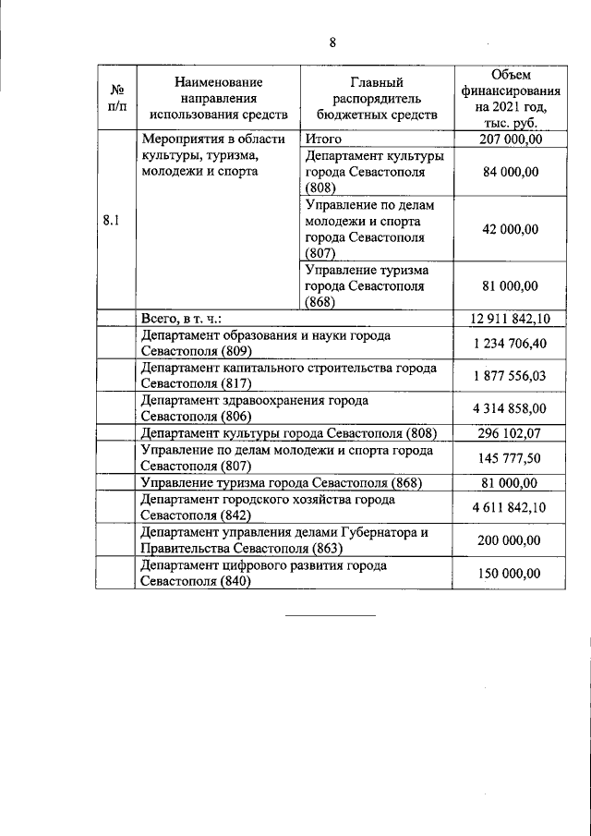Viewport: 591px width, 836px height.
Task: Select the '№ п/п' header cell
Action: [117, 98]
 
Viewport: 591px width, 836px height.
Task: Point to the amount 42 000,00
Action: [510, 229]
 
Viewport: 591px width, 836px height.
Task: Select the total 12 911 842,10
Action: [510, 319]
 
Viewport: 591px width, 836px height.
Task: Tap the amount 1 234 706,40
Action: [510, 344]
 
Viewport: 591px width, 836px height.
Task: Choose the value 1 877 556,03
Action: [510, 376]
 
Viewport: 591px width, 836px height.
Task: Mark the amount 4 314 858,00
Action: [510, 408]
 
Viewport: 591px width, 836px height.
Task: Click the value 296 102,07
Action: [510, 433]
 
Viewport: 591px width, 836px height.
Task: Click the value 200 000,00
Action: [510, 539]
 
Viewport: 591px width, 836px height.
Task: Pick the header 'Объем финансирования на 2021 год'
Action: [510, 98]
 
